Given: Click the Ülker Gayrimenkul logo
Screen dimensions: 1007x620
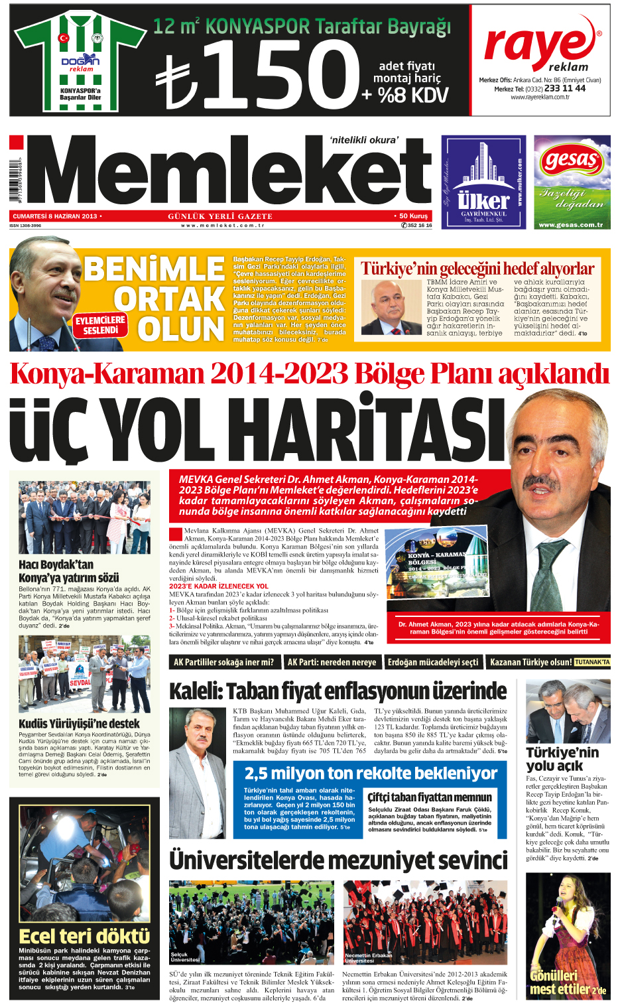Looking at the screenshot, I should [x=483, y=182].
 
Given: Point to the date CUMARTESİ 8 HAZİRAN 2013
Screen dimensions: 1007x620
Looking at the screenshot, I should [x=56, y=216].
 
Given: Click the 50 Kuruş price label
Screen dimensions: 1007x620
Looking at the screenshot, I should [x=413, y=216].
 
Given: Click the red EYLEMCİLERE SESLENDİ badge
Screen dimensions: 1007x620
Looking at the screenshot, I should [x=100, y=325].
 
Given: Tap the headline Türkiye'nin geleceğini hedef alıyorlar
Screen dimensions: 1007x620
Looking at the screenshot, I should [x=477, y=269].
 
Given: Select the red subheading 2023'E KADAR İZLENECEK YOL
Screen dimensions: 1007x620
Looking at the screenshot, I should [x=219, y=586].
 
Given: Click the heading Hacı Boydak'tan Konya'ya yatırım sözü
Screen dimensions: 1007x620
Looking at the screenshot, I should [x=69, y=571].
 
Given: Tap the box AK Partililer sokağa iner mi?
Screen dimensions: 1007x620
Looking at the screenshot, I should [x=223, y=662].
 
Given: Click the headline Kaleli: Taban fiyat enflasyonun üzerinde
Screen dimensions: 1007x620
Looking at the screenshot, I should [x=338, y=691].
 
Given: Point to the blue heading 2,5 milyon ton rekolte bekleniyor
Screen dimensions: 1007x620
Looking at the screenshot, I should [x=371, y=773].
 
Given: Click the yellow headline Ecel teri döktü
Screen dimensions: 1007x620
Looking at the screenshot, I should [x=84, y=936].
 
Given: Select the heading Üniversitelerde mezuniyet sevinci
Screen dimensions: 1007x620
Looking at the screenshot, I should [x=338, y=860].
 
